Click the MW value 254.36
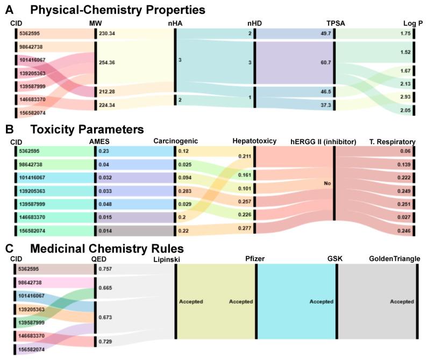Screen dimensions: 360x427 (x=106, y=62)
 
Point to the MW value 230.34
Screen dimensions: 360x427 (x=106, y=33)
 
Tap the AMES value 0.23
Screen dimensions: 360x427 (x=103, y=152)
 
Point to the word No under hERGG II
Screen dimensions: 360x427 (x=327, y=183)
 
